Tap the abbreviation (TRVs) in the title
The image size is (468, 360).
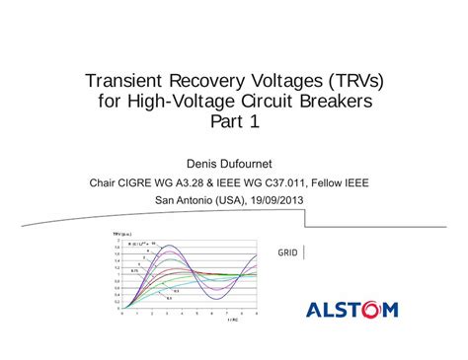coord(353,80)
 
